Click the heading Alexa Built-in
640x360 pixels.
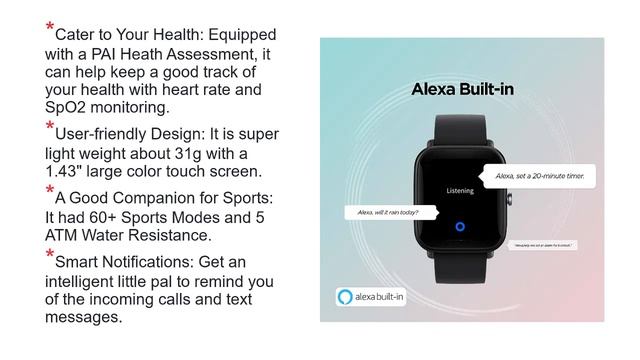coord(462,89)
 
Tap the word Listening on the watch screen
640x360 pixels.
coord(460,188)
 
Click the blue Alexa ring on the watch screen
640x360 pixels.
coord(460,226)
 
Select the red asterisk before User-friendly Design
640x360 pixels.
coord(50,127)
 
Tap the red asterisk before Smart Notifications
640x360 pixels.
coord(50,257)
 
